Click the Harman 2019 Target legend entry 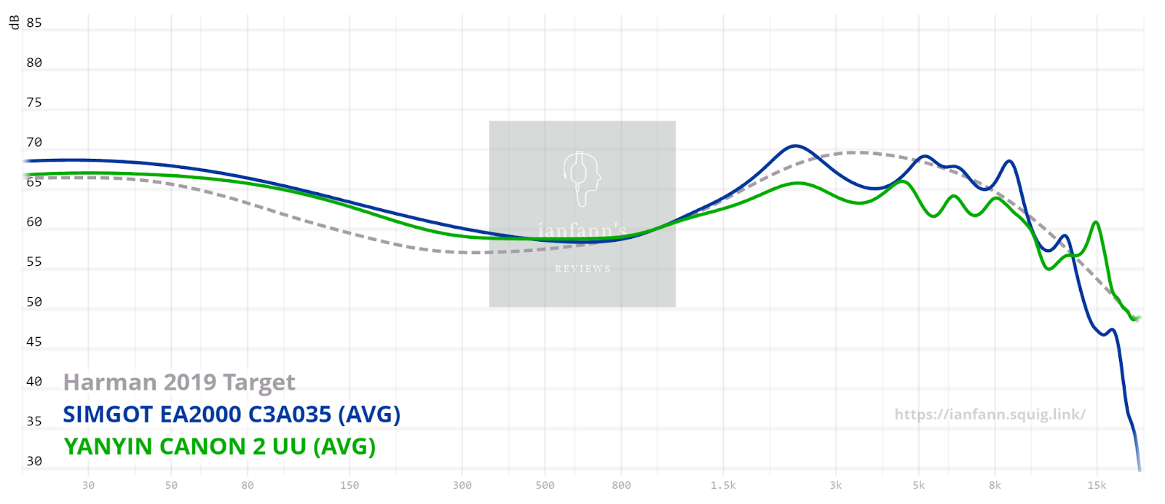point(179,382)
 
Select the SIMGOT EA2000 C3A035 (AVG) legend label point(232,414)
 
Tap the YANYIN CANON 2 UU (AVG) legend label point(219,446)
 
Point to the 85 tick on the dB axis point(34,23)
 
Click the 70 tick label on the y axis point(34,142)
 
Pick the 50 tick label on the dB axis point(34,302)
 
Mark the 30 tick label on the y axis point(34,461)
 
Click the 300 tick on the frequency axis point(462,485)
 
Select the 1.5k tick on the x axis point(724,485)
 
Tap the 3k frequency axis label point(836,485)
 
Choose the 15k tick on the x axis point(1097,485)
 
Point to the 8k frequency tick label point(995,485)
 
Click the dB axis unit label point(14,23)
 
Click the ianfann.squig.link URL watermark point(990,414)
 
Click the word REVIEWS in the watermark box point(582,269)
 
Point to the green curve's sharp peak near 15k point(1095,222)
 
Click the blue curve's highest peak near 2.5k point(795,146)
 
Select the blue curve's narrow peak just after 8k point(1009,162)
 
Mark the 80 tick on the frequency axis point(248,485)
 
